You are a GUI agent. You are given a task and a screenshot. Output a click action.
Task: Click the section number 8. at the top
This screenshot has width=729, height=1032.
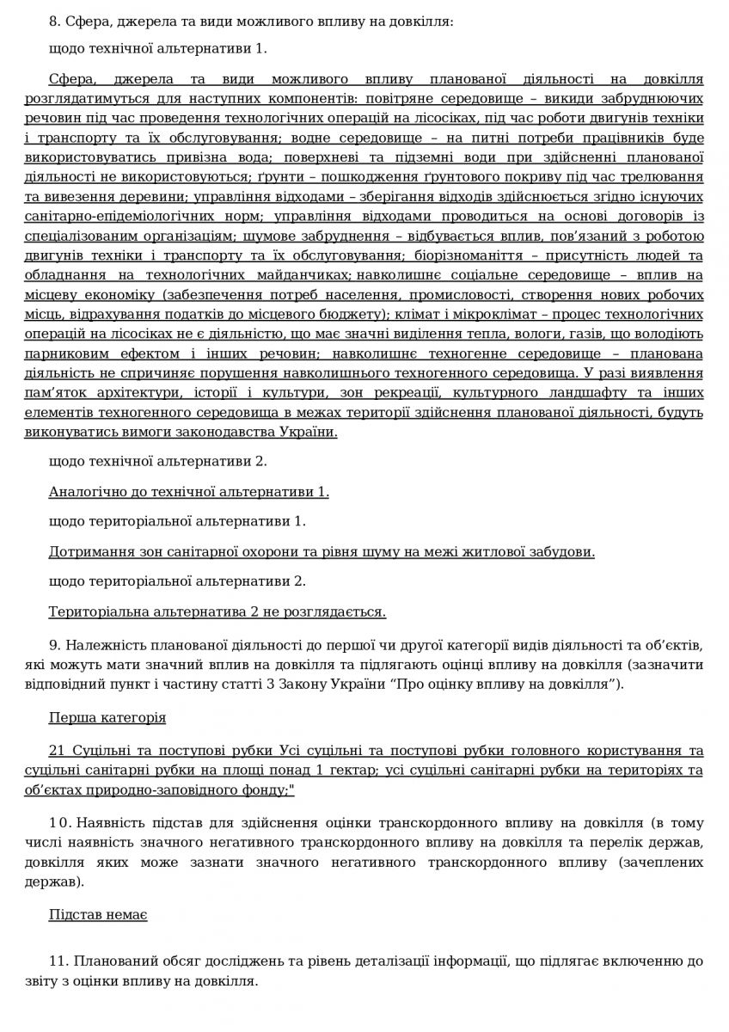56,20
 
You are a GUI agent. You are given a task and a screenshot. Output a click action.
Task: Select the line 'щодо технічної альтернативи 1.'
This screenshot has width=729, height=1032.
158,48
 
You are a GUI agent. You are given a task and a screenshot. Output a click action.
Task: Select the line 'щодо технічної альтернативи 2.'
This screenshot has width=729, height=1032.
158,461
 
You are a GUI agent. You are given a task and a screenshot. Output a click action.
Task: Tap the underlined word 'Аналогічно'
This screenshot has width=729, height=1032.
83,491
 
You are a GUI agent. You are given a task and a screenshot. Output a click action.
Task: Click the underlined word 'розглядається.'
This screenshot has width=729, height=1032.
342,611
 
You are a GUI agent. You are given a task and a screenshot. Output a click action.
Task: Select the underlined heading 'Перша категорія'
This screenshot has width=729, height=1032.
107,716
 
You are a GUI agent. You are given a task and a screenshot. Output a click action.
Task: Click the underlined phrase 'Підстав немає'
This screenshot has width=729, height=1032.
98,915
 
